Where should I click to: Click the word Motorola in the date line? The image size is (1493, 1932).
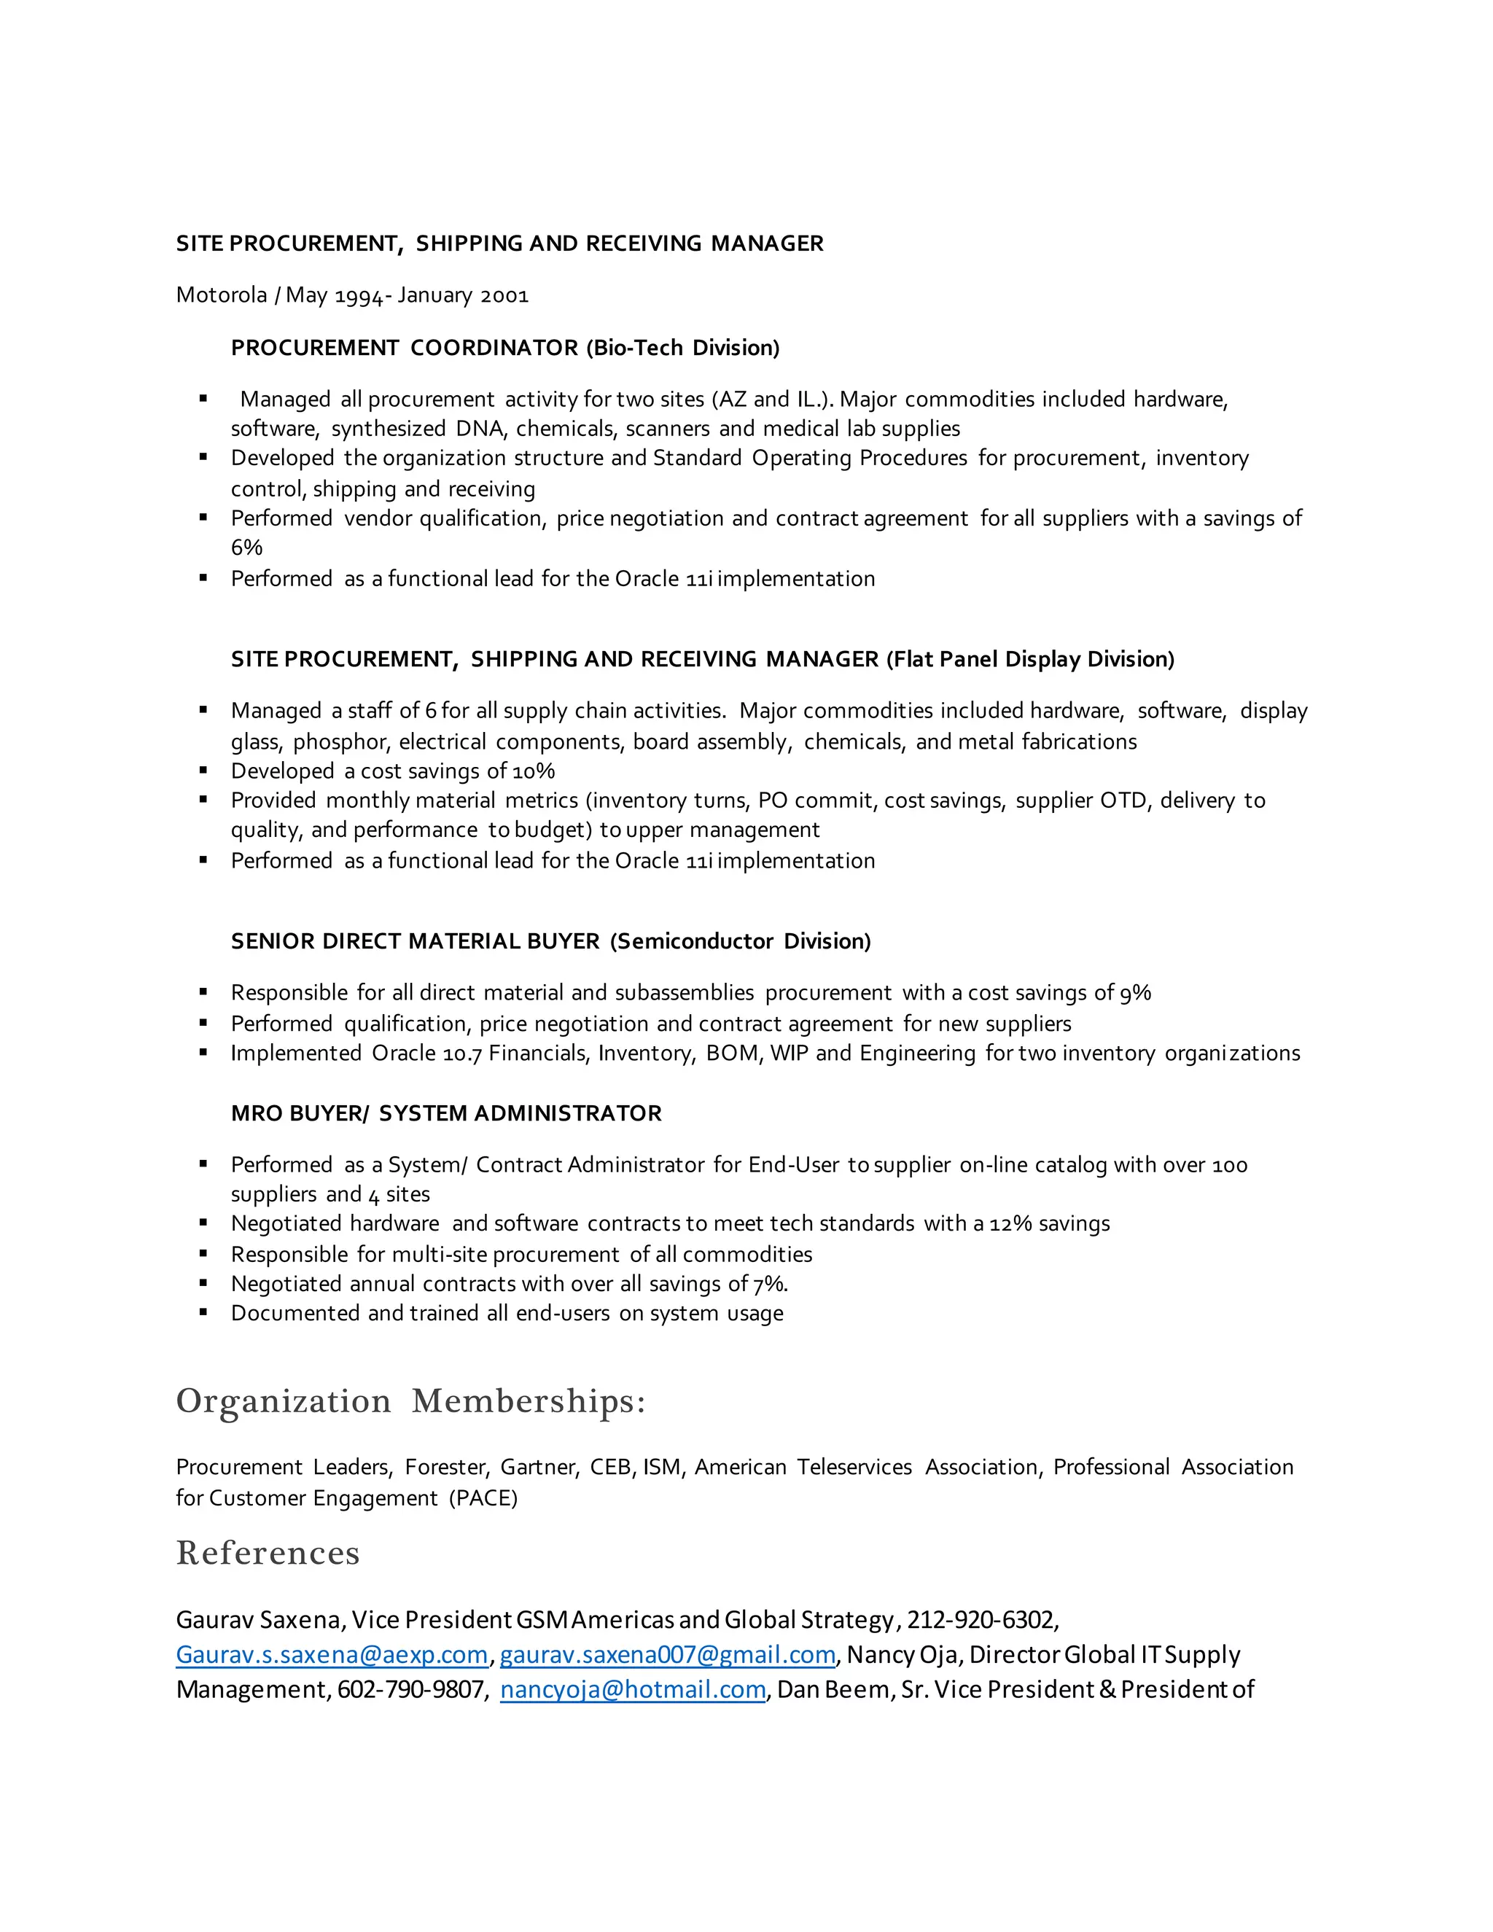(221, 295)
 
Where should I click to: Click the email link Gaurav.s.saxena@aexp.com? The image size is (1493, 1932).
(332, 1654)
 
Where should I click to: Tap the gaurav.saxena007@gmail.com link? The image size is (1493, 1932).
(667, 1654)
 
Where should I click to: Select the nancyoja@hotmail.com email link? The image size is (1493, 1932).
(632, 1690)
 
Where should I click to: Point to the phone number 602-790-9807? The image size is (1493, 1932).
(410, 1690)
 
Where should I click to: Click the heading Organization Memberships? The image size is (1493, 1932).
(410, 1401)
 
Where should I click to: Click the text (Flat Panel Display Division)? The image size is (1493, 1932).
(1029, 659)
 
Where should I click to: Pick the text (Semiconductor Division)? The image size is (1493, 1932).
(741, 941)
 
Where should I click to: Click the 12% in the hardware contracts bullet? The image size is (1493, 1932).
(1010, 1223)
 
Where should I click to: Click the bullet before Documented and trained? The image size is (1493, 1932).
(203, 1313)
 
